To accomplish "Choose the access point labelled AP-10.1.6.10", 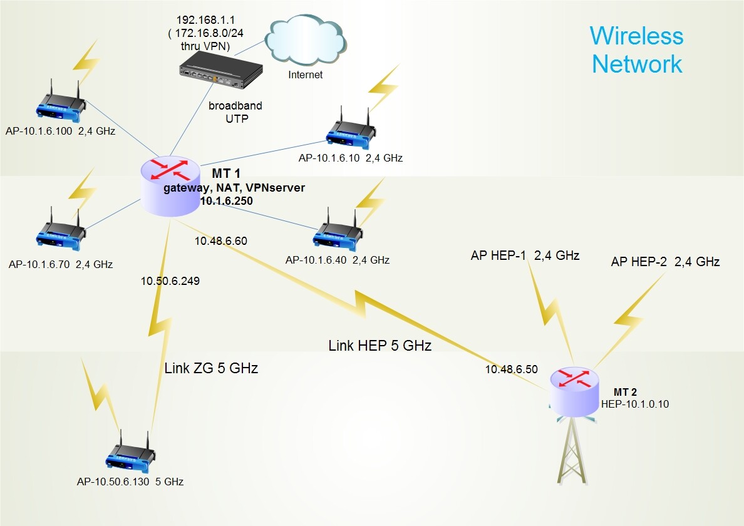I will (350, 130).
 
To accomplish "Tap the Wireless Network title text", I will (636, 49).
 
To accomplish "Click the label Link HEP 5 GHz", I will (380, 345).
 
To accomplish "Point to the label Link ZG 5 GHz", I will (211, 368).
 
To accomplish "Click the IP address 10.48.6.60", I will (220, 240).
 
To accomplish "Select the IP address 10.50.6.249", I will (170, 281).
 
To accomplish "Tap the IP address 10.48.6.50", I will (511, 369).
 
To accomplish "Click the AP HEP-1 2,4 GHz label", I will (525, 255).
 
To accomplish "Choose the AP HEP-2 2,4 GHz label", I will (665, 262).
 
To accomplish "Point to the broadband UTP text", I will (235, 111).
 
